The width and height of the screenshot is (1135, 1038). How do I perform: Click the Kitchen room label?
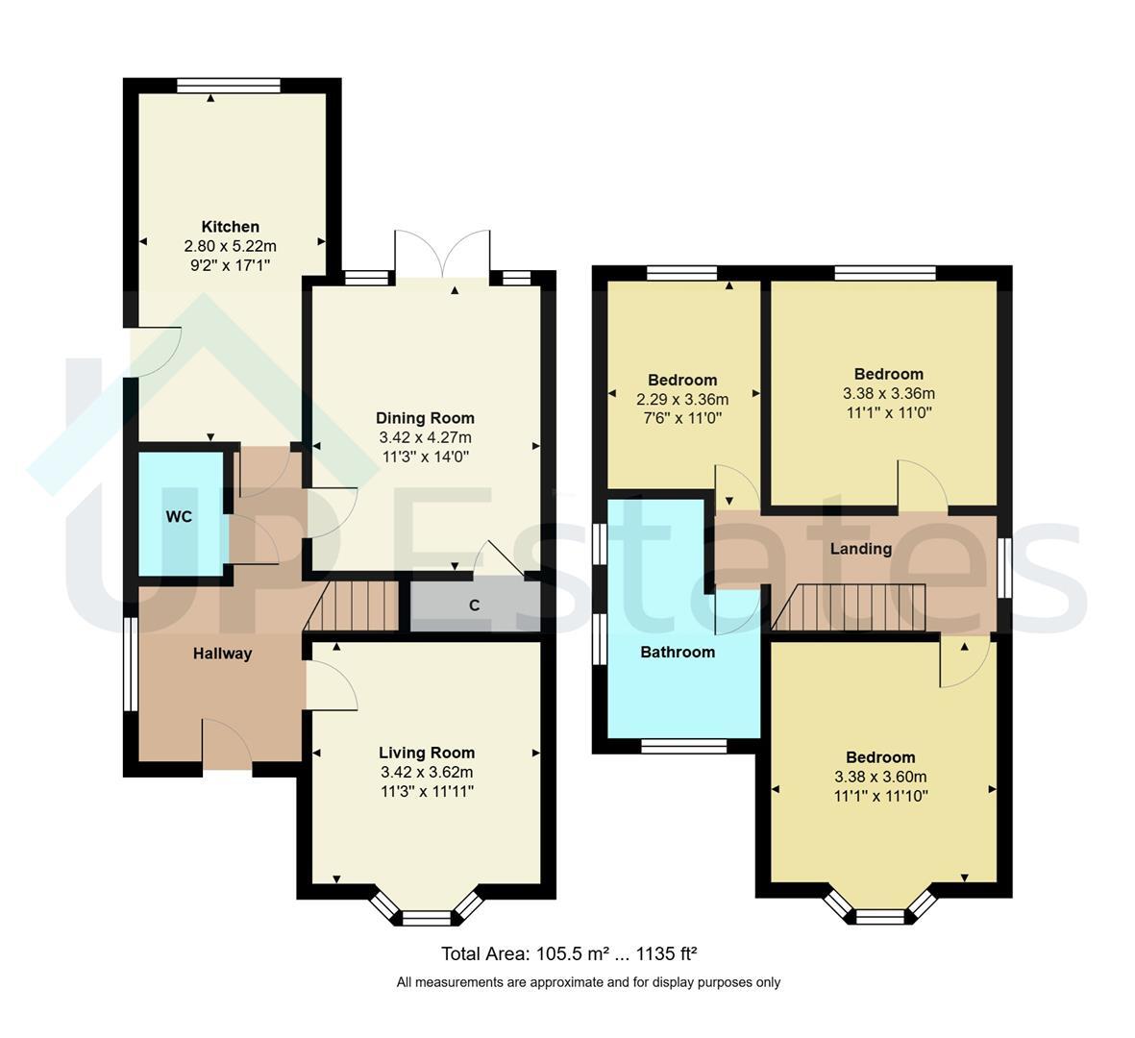pyautogui.click(x=231, y=227)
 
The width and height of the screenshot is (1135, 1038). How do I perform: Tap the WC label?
pyautogui.click(x=179, y=516)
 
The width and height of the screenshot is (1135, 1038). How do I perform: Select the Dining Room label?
pyautogui.click(x=425, y=418)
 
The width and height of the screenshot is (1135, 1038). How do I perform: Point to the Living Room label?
pyautogui.click(x=427, y=753)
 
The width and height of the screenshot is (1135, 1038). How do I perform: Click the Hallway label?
pyautogui.click(x=222, y=654)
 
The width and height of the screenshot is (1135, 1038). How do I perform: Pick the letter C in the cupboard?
pyautogui.click(x=474, y=605)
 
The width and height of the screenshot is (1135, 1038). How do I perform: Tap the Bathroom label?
pyautogui.click(x=678, y=653)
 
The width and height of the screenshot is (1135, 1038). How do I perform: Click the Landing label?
pyautogui.click(x=861, y=549)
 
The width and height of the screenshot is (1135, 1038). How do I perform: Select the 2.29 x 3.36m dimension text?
pyautogui.click(x=682, y=399)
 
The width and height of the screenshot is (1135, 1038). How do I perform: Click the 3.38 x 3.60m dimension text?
pyautogui.click(x=880, y=777)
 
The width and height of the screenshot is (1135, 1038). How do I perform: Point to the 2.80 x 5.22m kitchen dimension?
pyautogui.click(x=231, y=246)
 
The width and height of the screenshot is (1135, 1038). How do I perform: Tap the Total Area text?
pyautogui.click(x=569, y=954)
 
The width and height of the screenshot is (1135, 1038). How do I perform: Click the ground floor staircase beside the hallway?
pyautogui.click(x=352, y=606)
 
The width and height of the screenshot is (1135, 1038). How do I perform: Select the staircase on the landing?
pyautogui.click(x=849, y=607)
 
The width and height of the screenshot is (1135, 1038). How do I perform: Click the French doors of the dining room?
pyautogui.click(x=442, y=254)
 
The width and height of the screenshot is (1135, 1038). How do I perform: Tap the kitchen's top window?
pyautogui.click(x=229, y=86)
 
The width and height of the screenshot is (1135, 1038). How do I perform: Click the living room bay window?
pyautogui.click(x=427, y=908)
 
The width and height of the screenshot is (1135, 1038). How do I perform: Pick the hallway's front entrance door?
pyautogui.click(x=227, y=743)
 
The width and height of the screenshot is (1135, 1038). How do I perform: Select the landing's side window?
pyautogui.click(x=1004, y=567)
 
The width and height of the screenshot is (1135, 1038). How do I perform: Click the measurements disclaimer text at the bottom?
pyautogui.click(x=588, y=982)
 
